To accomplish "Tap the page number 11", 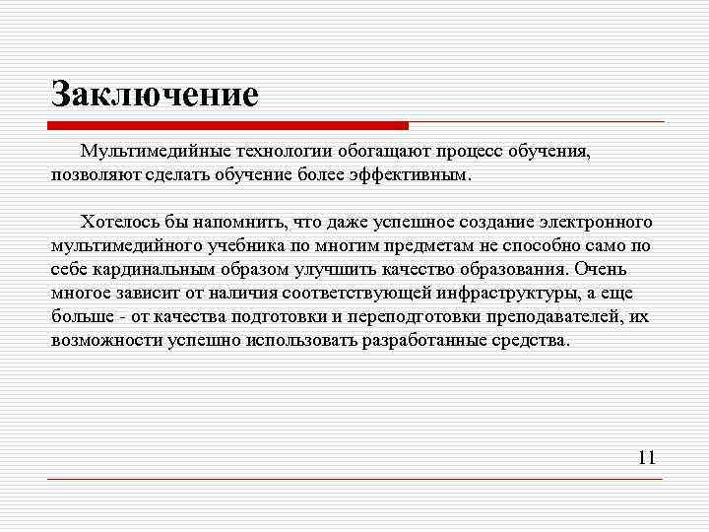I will (x=646, y=457).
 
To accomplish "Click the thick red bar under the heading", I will (x=228, y=126).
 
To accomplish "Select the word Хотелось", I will (x=119, y=221).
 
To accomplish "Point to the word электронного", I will (x=591, y=221).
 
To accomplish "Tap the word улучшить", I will (x=335, y=269).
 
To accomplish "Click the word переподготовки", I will (x=404, y=316).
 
